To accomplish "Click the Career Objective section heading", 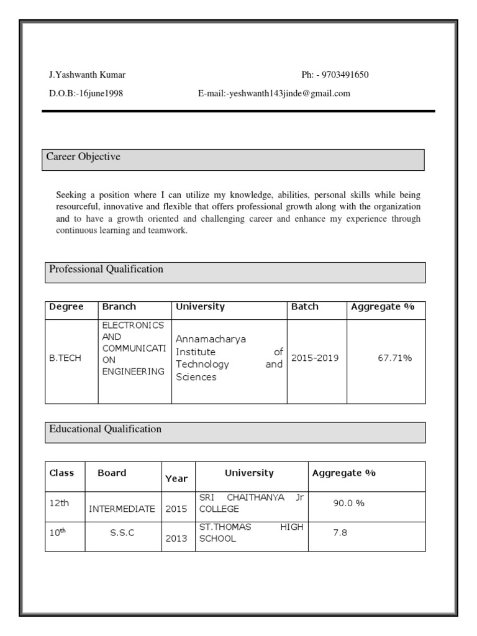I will (84, 157).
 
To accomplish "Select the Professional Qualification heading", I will (106, 269).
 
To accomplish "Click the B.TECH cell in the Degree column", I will (65, 358).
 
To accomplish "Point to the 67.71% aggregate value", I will (394, 358).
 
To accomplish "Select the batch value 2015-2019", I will (315, 358).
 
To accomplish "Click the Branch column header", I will (119, 307).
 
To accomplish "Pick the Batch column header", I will (304, 307).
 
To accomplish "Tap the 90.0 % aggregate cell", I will (348, 503).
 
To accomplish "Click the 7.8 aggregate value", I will (340, 533).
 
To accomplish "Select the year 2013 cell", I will (176, 538).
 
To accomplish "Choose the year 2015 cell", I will (176, 509).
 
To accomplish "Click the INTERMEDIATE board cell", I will (122, 509).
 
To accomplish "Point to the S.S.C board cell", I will (122, 533).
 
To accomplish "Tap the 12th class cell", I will (59, 503).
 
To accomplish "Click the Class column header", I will (61, 473).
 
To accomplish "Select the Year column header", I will (176, 478).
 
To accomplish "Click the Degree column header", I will (66, 307).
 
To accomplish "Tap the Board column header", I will (112, 473).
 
